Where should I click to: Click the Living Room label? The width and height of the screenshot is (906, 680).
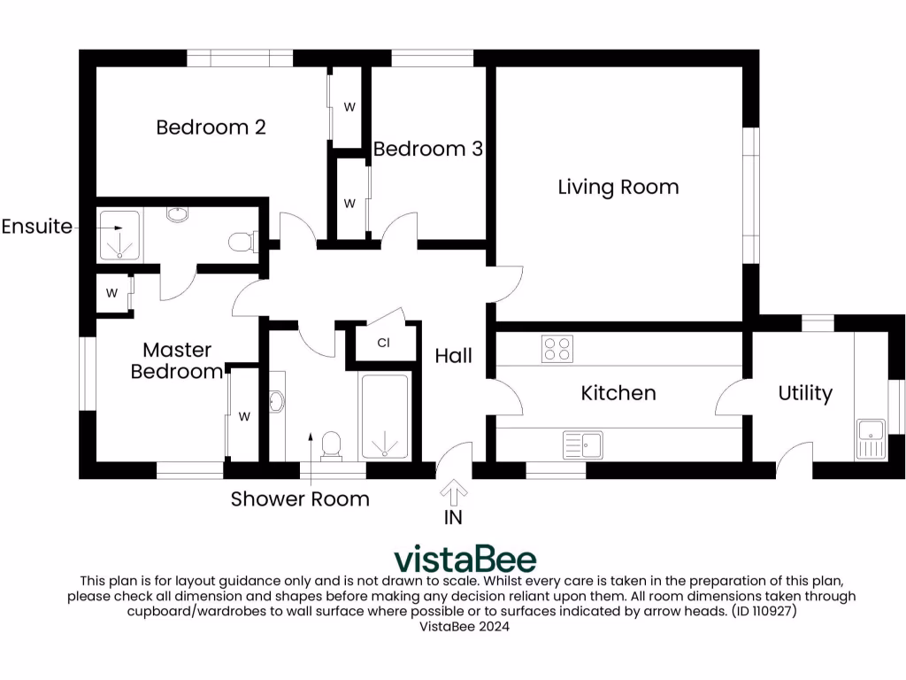click(x=618, y=187)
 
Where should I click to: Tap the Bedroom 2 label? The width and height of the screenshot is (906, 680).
click(x=211, y=127)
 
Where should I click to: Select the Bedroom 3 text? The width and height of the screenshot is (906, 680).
click(x=427, y=149)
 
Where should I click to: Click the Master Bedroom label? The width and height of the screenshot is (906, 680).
click(x=177, y=360)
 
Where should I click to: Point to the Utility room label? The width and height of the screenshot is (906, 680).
click(x=805, y=392)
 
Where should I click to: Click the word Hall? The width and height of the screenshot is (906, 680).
click(x=453, y=356)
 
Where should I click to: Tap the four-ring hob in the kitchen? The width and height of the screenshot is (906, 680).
click(x=557, y=349)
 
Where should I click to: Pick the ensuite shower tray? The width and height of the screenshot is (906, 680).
click(x=118, y=235)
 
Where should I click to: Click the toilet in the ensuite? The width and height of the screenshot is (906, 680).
click(x=241, y=241)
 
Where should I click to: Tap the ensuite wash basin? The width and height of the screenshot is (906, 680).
click(x=178, y=214)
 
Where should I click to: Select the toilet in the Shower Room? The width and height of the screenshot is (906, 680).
click(x=333, y=444)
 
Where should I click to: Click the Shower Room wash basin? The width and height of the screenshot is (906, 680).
click(x=276, y=403)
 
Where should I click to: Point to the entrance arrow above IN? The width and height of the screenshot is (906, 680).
click(x=454, y=491)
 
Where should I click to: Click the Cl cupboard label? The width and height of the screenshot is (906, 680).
click(x=384, y=343)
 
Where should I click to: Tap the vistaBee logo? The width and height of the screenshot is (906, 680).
click(x=465, y=559)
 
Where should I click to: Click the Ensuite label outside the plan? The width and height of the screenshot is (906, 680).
click(x=37, y=227)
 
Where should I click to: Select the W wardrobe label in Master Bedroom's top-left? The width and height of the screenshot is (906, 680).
click(x=112, y=293)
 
